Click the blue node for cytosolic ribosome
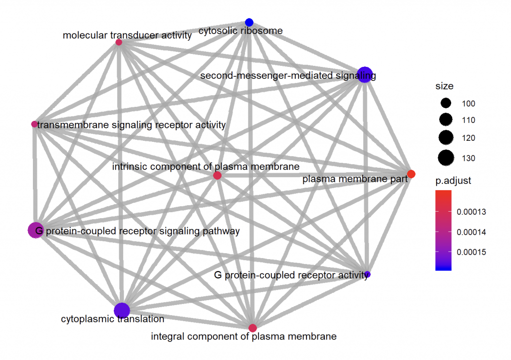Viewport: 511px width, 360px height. coord(249,22)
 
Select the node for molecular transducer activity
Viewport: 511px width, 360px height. coord(119,42)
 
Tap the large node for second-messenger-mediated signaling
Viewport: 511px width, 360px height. coord(365,74)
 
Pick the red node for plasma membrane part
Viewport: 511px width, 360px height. coord(411,174)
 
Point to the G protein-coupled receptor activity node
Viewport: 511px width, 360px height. coord(367,274)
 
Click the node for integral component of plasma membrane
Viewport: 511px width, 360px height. coord(253,328)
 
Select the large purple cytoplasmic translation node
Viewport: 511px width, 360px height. coord(122,311)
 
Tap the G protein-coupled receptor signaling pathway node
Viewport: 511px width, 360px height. coord(35,230)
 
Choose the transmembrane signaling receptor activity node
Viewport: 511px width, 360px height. coord(34,124)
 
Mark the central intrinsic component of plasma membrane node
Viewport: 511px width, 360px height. coord(217,176)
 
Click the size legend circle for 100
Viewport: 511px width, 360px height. coord(446,103)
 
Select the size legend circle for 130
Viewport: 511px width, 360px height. coord(446,158)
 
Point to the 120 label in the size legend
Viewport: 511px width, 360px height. coord(468,138)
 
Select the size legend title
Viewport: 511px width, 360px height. coord(444,86)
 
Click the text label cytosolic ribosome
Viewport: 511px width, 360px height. coord(241,31)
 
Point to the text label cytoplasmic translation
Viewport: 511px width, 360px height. coord(112,319)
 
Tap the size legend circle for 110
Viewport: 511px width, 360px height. coord(446,120)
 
